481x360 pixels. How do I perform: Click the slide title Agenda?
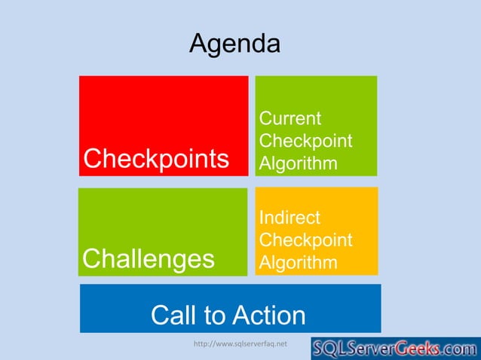pos(234,44)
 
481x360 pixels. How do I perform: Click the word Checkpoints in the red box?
pos(157,159)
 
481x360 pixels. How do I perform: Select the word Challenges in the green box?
pos(149,258)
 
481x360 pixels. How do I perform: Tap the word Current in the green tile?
pos(290,119)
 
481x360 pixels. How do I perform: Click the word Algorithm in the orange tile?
pos(298,263)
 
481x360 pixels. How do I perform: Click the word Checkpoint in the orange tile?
pos(305,240)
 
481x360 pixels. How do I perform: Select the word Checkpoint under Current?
pos(305,142)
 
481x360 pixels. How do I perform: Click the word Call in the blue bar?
pos(173,315)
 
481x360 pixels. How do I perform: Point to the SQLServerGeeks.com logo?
pos(396,349)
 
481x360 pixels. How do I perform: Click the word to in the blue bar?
pos(215,315)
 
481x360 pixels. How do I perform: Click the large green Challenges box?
pos(163,218)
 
